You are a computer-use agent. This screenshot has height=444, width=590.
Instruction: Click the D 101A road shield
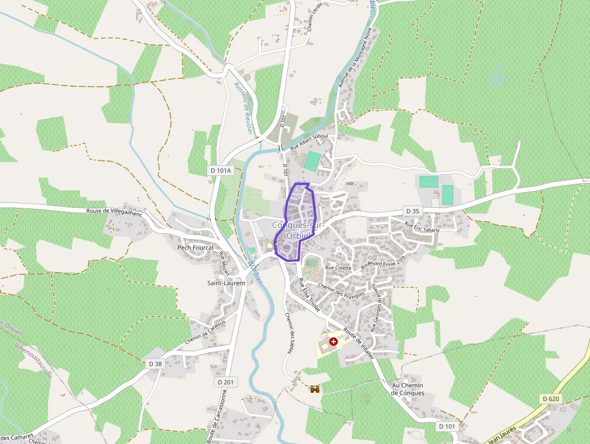coord(221,170)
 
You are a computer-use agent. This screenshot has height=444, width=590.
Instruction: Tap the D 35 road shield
coord(412,211)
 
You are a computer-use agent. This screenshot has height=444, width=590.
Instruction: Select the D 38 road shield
coord(155,364)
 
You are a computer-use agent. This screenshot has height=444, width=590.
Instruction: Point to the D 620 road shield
coord(550,399)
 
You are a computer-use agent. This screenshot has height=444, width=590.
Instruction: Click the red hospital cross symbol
coord(333,342)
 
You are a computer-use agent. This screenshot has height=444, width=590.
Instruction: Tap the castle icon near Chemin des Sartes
coord(314,389)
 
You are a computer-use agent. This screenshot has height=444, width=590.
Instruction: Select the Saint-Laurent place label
coord(226,283)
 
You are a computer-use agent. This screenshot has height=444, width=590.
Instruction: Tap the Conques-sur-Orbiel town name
coord(299,230)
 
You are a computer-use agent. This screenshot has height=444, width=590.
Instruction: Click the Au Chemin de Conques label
coord(408,389)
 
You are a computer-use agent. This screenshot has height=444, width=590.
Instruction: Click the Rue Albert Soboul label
coord(308,142)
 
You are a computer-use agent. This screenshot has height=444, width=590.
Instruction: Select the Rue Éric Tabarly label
coord(423,227)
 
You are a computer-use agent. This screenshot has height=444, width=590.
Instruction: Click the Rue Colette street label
coord(338,267)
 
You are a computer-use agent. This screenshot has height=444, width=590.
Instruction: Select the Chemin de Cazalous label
coord(205,332)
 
